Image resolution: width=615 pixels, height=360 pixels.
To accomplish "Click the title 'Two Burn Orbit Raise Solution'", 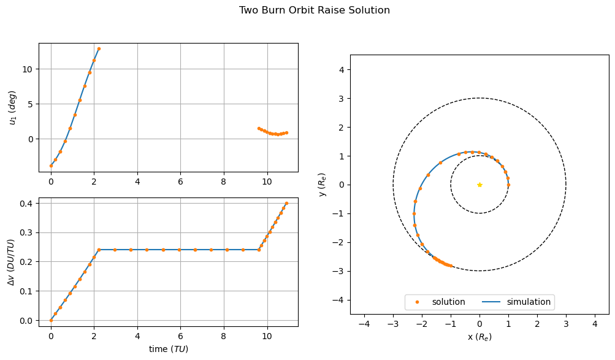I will [314, 10].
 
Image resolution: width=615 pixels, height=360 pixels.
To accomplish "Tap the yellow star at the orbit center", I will [479, 185].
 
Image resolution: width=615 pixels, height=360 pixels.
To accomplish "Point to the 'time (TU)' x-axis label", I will [169, 349].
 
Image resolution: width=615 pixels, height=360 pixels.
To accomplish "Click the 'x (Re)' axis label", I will [479, 337].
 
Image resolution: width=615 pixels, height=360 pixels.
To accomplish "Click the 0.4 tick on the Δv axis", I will [27, 203].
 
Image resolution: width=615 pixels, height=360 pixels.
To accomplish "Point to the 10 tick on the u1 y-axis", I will [27, 69].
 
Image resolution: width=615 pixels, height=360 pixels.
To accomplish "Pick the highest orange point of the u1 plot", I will [99, 48].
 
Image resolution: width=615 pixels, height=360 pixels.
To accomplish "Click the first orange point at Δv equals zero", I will [51, 320].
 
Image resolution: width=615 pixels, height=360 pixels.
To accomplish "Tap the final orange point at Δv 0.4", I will [286, 203].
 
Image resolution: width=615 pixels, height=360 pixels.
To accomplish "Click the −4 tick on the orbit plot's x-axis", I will [364, 324].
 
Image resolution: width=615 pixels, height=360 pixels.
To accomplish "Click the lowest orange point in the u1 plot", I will [51, 166].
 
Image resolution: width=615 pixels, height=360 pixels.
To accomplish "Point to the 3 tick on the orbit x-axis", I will [566, 324].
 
